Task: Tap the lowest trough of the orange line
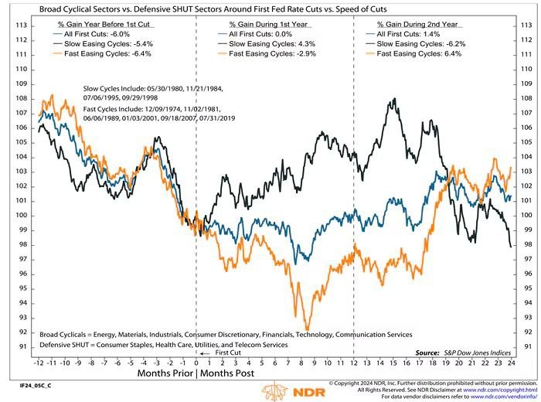click(x=308, y=329)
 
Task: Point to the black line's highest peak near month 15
click(x=395, y=99)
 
